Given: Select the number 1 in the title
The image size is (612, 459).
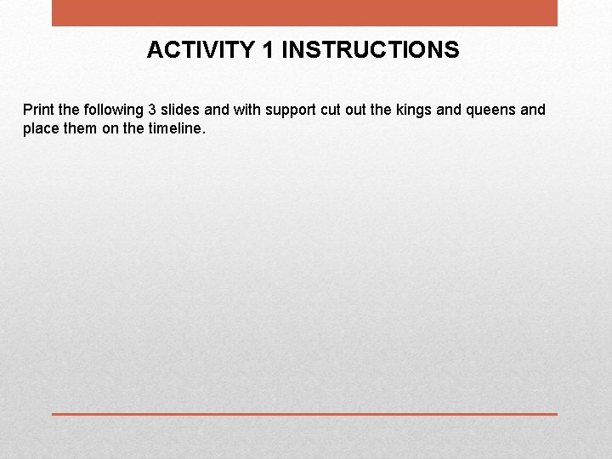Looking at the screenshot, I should click(x=269, y=50).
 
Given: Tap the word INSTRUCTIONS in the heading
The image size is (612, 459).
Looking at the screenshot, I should click(x=370, y=50).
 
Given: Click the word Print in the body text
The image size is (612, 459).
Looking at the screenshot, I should click(x=37, y=110).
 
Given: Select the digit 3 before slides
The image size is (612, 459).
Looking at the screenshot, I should click(x=152, y=110).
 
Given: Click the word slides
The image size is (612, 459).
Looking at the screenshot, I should click(x=180, y=110).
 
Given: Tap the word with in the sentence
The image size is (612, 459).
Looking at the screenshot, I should click(x=246, y=110).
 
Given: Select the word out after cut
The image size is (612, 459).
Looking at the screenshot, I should click(x=357, y=110).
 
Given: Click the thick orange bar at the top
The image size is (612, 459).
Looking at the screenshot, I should click(x=304, y=13).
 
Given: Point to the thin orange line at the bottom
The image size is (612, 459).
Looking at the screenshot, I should click(x=304, y=414).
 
